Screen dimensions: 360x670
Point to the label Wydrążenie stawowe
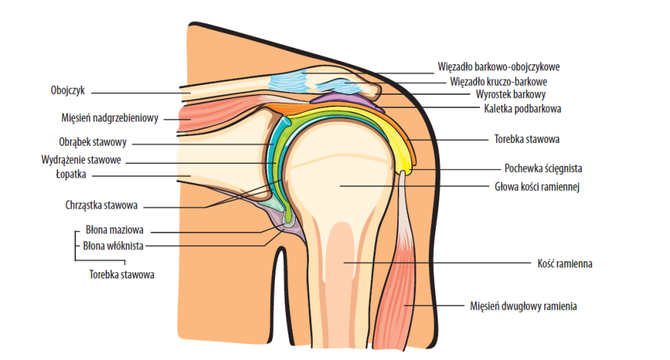(82, 160)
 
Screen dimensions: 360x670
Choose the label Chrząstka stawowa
(106, 205)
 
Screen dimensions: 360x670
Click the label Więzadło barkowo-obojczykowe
(498, 68)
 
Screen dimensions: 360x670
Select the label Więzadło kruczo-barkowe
(499, 81)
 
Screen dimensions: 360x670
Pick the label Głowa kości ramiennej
(536, 186)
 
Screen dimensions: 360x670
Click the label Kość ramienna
(564, 263)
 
